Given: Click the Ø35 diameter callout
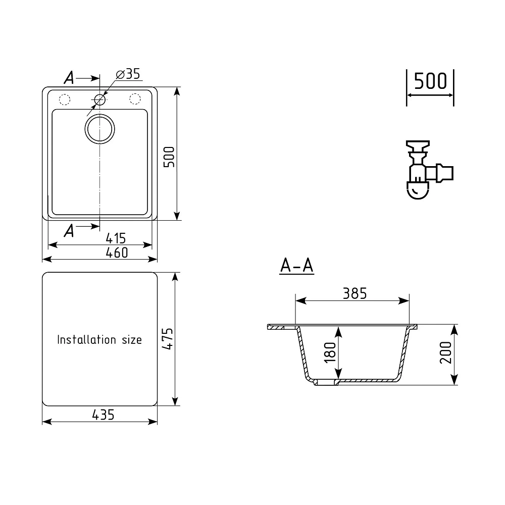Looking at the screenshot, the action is [128, 74].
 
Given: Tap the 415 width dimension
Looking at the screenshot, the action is [116, 238].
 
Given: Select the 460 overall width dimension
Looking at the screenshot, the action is [117, 252].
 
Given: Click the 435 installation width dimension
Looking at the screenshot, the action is [103, 415].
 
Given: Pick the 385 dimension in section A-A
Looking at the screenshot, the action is [355, 293].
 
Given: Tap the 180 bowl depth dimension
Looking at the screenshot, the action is [330, 352].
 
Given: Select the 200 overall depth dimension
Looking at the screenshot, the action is [446, 352].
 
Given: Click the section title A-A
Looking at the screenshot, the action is [296, 266].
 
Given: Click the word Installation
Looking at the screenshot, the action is [86, 339].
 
